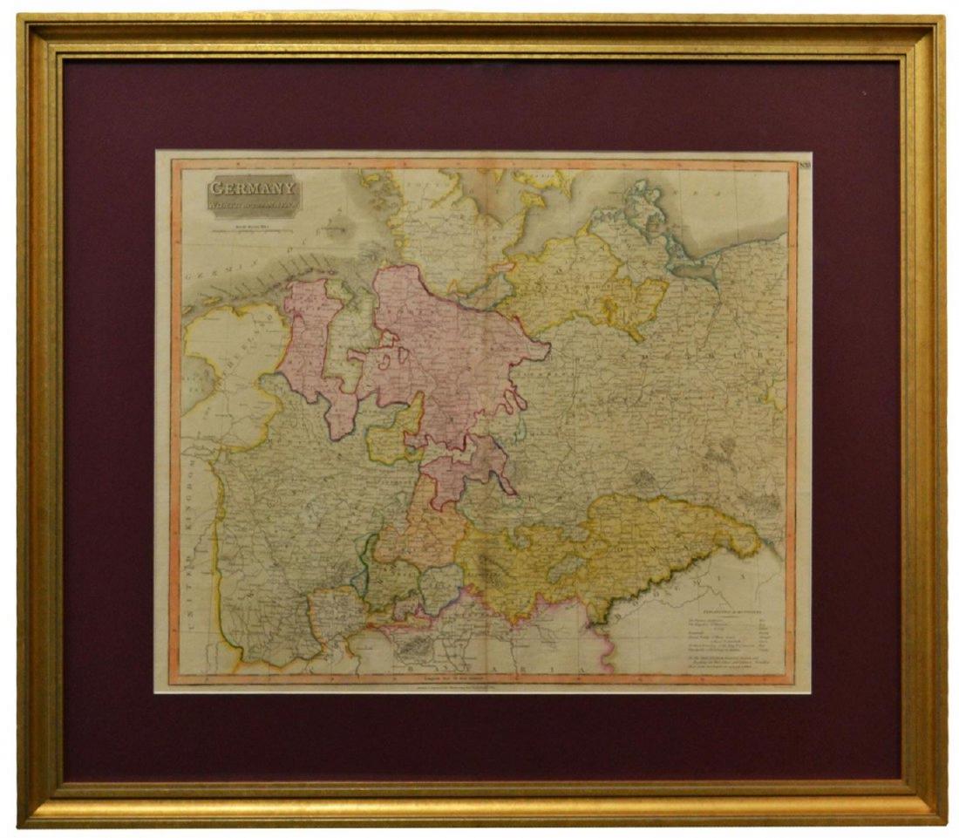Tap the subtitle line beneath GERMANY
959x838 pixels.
[x=253, y=207]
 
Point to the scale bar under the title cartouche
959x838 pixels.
[x=253, y=232]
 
